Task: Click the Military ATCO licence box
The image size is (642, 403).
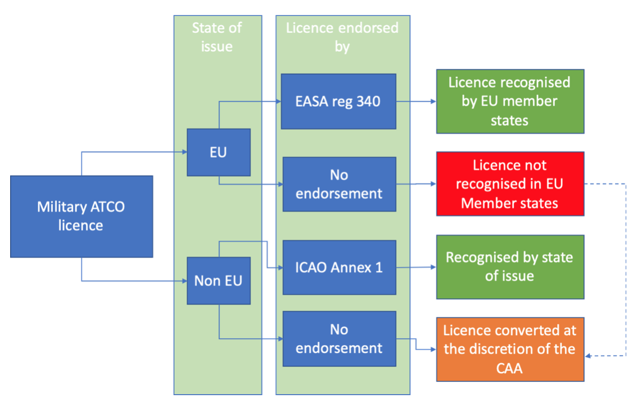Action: pyautogui.click(x=82, y=216)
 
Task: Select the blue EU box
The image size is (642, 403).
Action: pyautogui.click(x=218, y=152)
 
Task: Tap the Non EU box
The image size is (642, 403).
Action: pyautogui.click(x=218, y=281)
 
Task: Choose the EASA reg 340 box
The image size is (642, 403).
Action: pyautogui.click(x=338, y=102)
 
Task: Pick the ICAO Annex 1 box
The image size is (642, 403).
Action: pyautogui.click(x=338, y=267)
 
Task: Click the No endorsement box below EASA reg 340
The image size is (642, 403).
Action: pyautogui.click(x=338, y=184)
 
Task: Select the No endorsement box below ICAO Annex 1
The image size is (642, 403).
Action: pyautogui.click(x=338, y=338)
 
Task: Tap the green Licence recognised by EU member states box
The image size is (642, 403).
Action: pyautogui.click(x=510, y=101)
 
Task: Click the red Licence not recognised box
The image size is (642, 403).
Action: pyautogui.click(x=510, y=184)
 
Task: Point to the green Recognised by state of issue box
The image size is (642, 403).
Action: pyautogui.click(x=510, y=266)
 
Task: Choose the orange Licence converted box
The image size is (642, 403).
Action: pyautogui.click(x=510, y=349)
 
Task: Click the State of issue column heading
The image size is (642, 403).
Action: pyautogui.click(x=216, y=37)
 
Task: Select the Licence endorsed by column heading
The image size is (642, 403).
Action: pyautogui.click(x=342, y=37)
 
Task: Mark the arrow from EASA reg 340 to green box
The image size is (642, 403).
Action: pyautogui.click(x=416, y=102)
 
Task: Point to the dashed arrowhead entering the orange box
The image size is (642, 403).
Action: pyautogui.click(x=589, y=356)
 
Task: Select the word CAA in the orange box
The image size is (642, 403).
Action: pyautogui.click(x=509, y=368)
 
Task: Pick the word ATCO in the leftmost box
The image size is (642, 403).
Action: pyautogui.click(x=105, y=207)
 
